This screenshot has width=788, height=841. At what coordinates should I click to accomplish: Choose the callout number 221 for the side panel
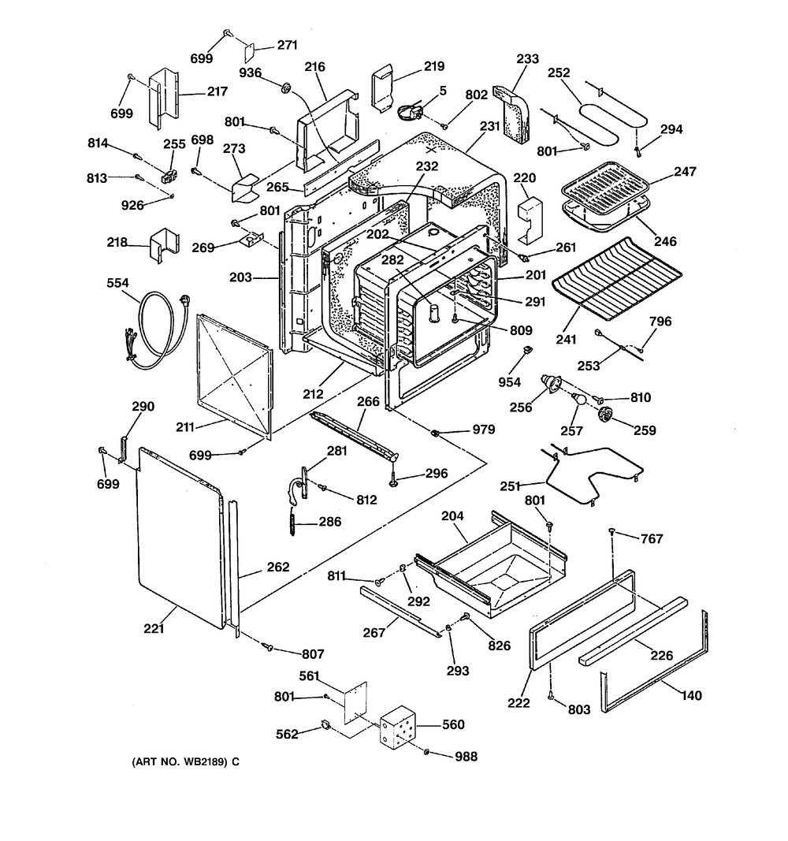pyautogui.click(x=156, y=628)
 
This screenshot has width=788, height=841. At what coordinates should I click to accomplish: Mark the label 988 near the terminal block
pyautogui.click(x=466, y=757)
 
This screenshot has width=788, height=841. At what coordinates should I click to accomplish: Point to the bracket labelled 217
pyautogui.click(x=162, y=99)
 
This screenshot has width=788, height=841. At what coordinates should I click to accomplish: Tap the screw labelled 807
pyautogui.click(x=269, y=646)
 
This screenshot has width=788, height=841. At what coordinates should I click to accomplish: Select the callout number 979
pyautogui.click(x=483, y=430)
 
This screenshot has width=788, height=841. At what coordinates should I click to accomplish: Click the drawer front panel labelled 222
pyautogui.click(x=582, y=620)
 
